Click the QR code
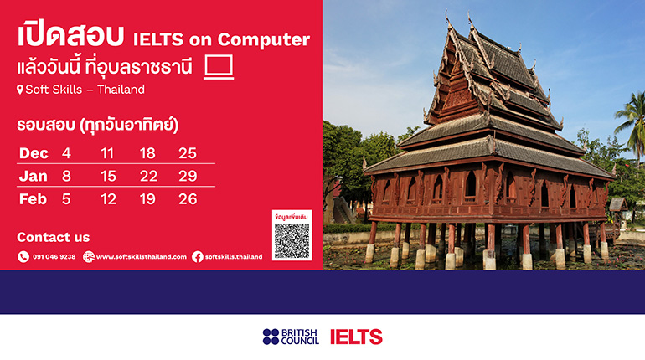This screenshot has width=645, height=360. tap(292, 241)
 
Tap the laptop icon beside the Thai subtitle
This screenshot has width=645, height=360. tap(219, 67)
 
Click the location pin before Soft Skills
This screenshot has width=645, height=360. tap(20, 90)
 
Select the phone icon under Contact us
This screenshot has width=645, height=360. tap(23, 257)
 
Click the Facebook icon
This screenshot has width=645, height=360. tap(198, 257)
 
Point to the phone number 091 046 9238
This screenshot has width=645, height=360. tap(54, 257)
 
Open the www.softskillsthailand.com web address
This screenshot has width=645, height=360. tap(141, 257)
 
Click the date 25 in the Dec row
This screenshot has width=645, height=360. tap(188, 153)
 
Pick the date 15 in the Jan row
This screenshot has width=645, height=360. tap(108, 177)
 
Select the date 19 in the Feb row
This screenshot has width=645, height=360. tap(147, 199)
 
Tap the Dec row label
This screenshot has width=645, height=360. tap(34, 153)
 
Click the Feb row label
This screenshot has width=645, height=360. tap(33, 199)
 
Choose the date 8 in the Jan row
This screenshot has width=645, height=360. tap(66, 177)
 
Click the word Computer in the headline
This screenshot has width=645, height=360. tap(263, 39)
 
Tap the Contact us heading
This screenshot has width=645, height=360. tap(53, 237)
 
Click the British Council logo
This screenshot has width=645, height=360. tap(291, 337)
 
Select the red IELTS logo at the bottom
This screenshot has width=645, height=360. tap(356, 337)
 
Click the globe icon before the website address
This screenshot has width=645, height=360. tap(89, 257)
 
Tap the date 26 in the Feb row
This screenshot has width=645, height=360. tap(188, 199)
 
